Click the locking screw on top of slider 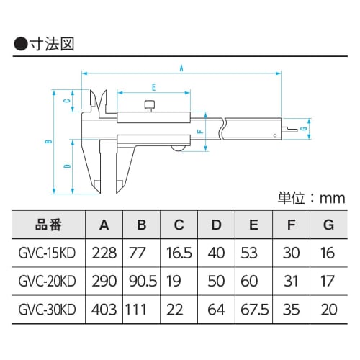tap(150, 107)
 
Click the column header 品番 tap(48, 225)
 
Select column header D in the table tap(216, 225)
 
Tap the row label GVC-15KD tap(48, 253)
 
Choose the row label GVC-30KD tap(48, 310)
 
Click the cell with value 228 tap(104, 253)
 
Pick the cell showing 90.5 tap(142, 282)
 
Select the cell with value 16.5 tap(179, 253)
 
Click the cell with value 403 tap(104, 310)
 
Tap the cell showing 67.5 tap(253, 310)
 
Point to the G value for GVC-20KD tap(328, 282)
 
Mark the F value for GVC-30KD tap(291, 310)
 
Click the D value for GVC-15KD tap(216, 253)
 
